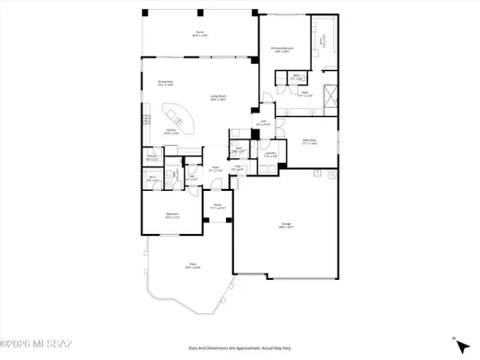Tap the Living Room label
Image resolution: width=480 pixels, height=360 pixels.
219,97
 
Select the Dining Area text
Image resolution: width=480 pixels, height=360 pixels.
165,83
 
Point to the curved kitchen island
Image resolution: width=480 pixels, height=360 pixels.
174,116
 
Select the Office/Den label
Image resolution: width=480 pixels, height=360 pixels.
308,140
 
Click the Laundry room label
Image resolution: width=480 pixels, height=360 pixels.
270,154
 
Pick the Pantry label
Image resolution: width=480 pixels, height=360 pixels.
151,157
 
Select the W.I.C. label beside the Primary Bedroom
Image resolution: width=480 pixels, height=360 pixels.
322,40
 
